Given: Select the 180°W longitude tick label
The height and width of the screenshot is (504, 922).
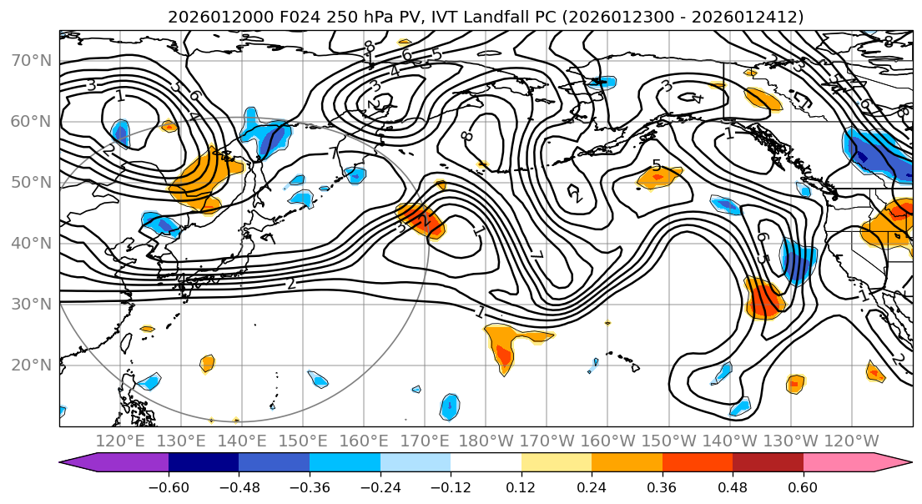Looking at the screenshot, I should click(x=485, y=441).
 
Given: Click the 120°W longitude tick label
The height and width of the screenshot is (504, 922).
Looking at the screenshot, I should click(x=850, y=441).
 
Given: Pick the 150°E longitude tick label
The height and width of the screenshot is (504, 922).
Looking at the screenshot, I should click(x=302, y=441).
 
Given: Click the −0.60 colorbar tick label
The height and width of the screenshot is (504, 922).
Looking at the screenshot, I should click(x=169, y=486).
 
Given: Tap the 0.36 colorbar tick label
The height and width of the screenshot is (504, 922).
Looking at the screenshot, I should click(x=662, y=486).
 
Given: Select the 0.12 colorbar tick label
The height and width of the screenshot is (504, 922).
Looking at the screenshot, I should click(x=521, y=486).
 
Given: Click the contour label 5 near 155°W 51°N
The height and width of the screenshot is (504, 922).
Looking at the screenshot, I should click(x=657, y=166).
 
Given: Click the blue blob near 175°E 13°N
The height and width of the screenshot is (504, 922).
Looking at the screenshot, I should click(x=449, y=406).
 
